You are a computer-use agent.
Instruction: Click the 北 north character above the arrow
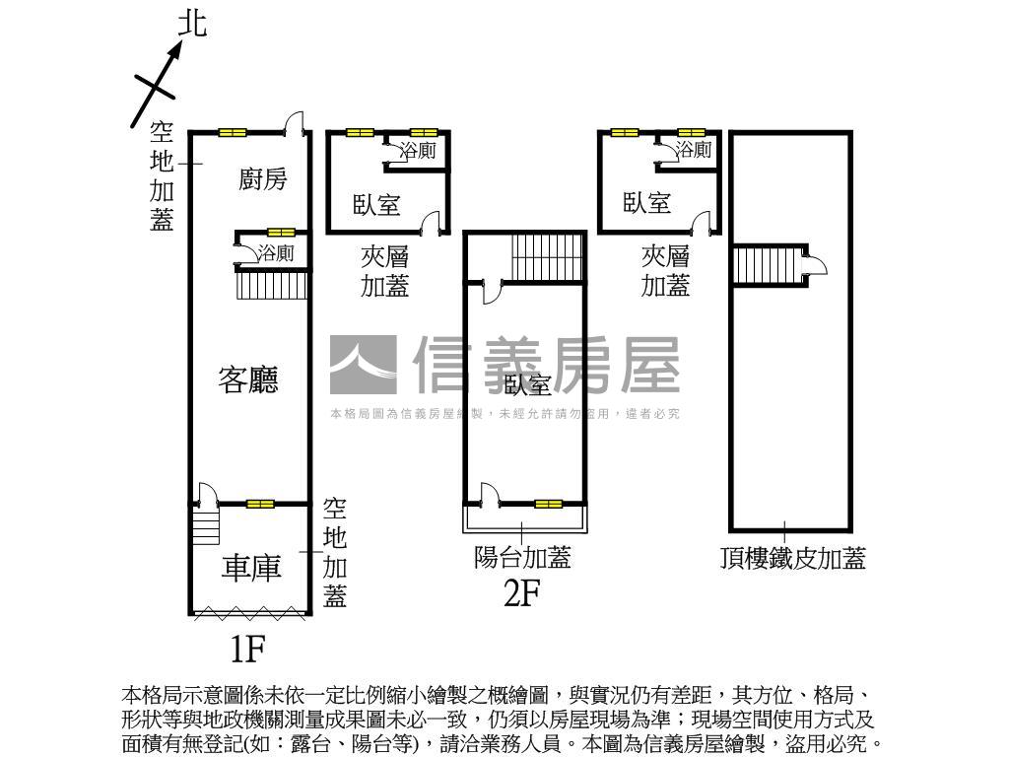(x=193, y=24)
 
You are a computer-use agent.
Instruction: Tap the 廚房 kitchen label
(x=262, y=179)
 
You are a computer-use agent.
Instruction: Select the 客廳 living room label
(x=248, y=379)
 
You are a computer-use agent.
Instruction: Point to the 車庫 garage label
(x=251, y=568)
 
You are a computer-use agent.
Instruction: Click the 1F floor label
(x=247, y=648)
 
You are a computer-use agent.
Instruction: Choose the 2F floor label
(x=522, y=593)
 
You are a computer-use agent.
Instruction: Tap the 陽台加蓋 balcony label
(x=522, y=558)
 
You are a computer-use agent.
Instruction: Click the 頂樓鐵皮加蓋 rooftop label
(x=792, y=560)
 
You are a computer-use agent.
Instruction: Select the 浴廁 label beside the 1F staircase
(x=276, y=253)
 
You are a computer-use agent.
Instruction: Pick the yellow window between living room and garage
(x=260, y=504)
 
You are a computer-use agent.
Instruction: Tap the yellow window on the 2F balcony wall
(x=548, y=504)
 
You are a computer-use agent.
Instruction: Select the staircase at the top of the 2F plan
(x=548, y=257)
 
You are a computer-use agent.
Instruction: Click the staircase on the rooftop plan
(x=767, y=265)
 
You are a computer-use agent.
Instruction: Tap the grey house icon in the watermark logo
(x=363, y=366)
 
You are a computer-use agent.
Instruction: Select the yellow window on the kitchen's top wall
(x=233, y=132)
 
